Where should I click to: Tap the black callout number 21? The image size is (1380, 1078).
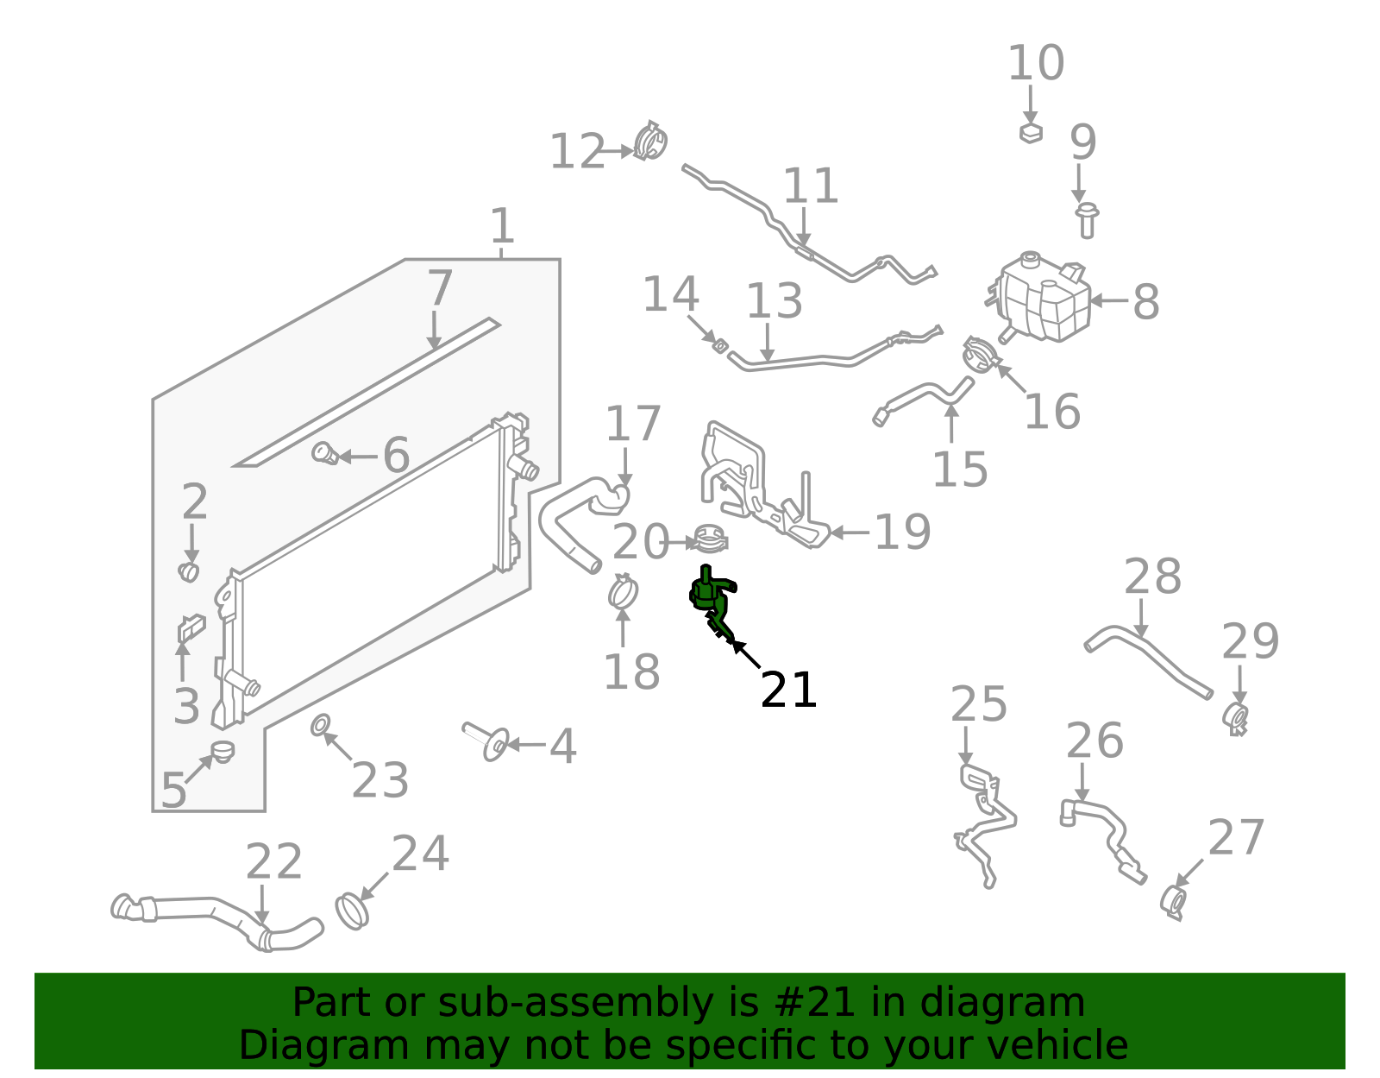pos(788,690)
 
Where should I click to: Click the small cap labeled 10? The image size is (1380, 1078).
pos(1031,133)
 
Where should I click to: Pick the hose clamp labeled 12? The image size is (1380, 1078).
pos(650,142)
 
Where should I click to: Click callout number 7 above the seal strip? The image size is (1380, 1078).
pos(439,288)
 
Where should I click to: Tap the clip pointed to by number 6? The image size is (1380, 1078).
pos(324,453)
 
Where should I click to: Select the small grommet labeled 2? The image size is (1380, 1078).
pos(189,571)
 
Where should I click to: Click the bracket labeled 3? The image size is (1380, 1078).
pos(191,627)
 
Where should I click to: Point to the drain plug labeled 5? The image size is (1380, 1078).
pos(223,751)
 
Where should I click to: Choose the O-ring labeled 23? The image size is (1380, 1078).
pos(320,724)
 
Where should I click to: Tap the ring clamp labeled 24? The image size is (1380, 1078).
pos(351,911)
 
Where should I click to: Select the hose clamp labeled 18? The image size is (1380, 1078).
pos(622,592)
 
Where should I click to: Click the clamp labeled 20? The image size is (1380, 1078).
pos(711,541)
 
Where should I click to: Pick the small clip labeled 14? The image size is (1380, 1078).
pos(718,346)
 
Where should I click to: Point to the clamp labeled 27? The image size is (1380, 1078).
pos(1173,903)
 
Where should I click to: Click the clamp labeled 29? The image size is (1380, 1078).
pos(1237,717)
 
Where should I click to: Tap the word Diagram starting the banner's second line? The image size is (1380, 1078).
pos(291,1045)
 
